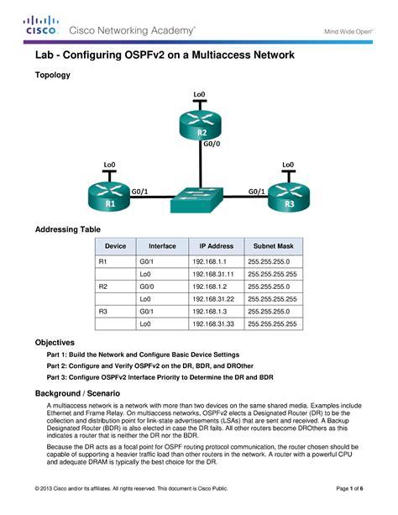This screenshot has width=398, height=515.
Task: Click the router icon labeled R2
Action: pyautogui.click(x=202, y=124)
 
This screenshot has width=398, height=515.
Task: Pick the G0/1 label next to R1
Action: pyautogui.click(x=141, y=191)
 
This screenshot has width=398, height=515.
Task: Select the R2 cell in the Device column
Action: pyautogui.click(x=104, y=286)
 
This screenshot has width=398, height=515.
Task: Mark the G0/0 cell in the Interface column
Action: pyautogui.click(x=148, y=286)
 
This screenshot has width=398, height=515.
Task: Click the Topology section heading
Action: pyautogui.click(x=52, y=75)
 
